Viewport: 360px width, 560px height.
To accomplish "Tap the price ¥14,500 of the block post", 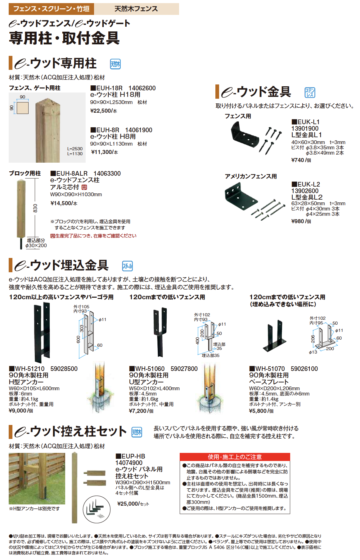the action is click(x=61, y=203).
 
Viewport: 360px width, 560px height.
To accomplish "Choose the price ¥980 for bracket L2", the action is click(x=298, y=221).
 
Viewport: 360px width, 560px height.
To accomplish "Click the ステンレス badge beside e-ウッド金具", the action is click(x=310, y=93).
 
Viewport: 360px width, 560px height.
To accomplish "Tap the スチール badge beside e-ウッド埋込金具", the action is click(x=127, y=266).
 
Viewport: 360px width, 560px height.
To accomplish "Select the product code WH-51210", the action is click(x=30, y=369).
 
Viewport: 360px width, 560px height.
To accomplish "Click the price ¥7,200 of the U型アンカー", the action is click(x=137, y=411).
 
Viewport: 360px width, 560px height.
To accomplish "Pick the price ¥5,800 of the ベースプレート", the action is click(x=258, y=411).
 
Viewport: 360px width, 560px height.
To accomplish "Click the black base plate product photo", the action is click(x=275, y=337).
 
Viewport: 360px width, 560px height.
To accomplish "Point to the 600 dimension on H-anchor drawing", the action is click(x=79, y=340).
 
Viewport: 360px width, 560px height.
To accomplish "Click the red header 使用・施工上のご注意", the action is click(x=235, y=457).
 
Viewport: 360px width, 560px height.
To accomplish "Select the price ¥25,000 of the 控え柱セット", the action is click(x=128, y=504).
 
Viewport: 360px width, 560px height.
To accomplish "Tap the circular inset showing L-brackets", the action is click(x=97, y=509).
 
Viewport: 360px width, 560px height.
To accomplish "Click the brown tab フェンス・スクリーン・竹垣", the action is click(x=52, y=9).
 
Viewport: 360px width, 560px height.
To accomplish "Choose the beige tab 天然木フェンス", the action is click(x=137, y=9).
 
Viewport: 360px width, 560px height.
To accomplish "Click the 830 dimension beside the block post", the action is click(x=35, y=208).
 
